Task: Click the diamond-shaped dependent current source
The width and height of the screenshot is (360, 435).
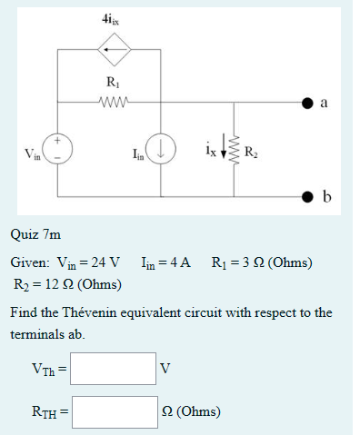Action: click(x=111, y=49)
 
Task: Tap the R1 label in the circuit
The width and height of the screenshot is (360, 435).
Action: click(x=111, y=84)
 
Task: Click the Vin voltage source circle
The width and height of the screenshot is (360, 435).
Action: click(x=58, y=150)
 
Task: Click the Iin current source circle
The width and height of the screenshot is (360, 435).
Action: click(x=163, y=150)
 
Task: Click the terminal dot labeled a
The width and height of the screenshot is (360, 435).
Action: click(x=309, y=102)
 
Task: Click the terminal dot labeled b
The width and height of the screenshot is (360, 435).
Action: click(x=309, y=195)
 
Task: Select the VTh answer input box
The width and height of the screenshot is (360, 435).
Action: click(x=115, y=369)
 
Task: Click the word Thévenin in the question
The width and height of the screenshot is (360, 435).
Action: click(x=93, y=313)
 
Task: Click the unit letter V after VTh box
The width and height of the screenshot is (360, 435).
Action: click(x=165, y=369)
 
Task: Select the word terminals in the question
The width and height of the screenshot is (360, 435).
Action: click(x=38, y=334)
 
